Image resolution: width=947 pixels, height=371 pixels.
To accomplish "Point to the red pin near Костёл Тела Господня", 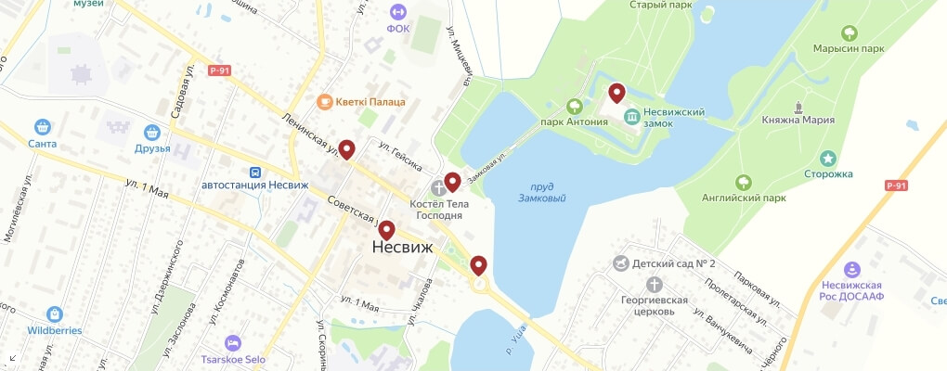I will (x=452, y=182).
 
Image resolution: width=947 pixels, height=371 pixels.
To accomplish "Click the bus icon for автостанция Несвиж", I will (x=254, y=173).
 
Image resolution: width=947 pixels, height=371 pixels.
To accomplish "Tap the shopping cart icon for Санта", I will (x=42, y=127).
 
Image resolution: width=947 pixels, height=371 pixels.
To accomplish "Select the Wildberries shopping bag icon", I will (x=55, y=313).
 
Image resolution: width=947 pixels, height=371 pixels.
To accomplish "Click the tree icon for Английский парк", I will (x=742, y=181).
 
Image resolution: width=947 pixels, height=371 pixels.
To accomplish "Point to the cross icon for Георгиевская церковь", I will (x=655, y=284).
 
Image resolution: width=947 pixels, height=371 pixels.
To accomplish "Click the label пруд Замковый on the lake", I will (x=542, y=192).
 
